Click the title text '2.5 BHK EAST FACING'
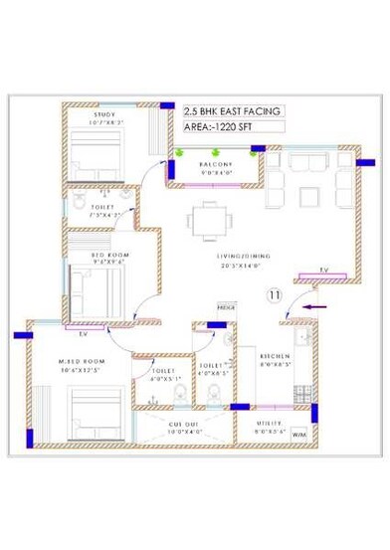point(233,112)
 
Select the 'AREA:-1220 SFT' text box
point(220,128)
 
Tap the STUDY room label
point(104,115)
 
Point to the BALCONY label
point(215,164)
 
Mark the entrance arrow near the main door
point(315,309)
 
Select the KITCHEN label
point(274,355)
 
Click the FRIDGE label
point(226,309)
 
